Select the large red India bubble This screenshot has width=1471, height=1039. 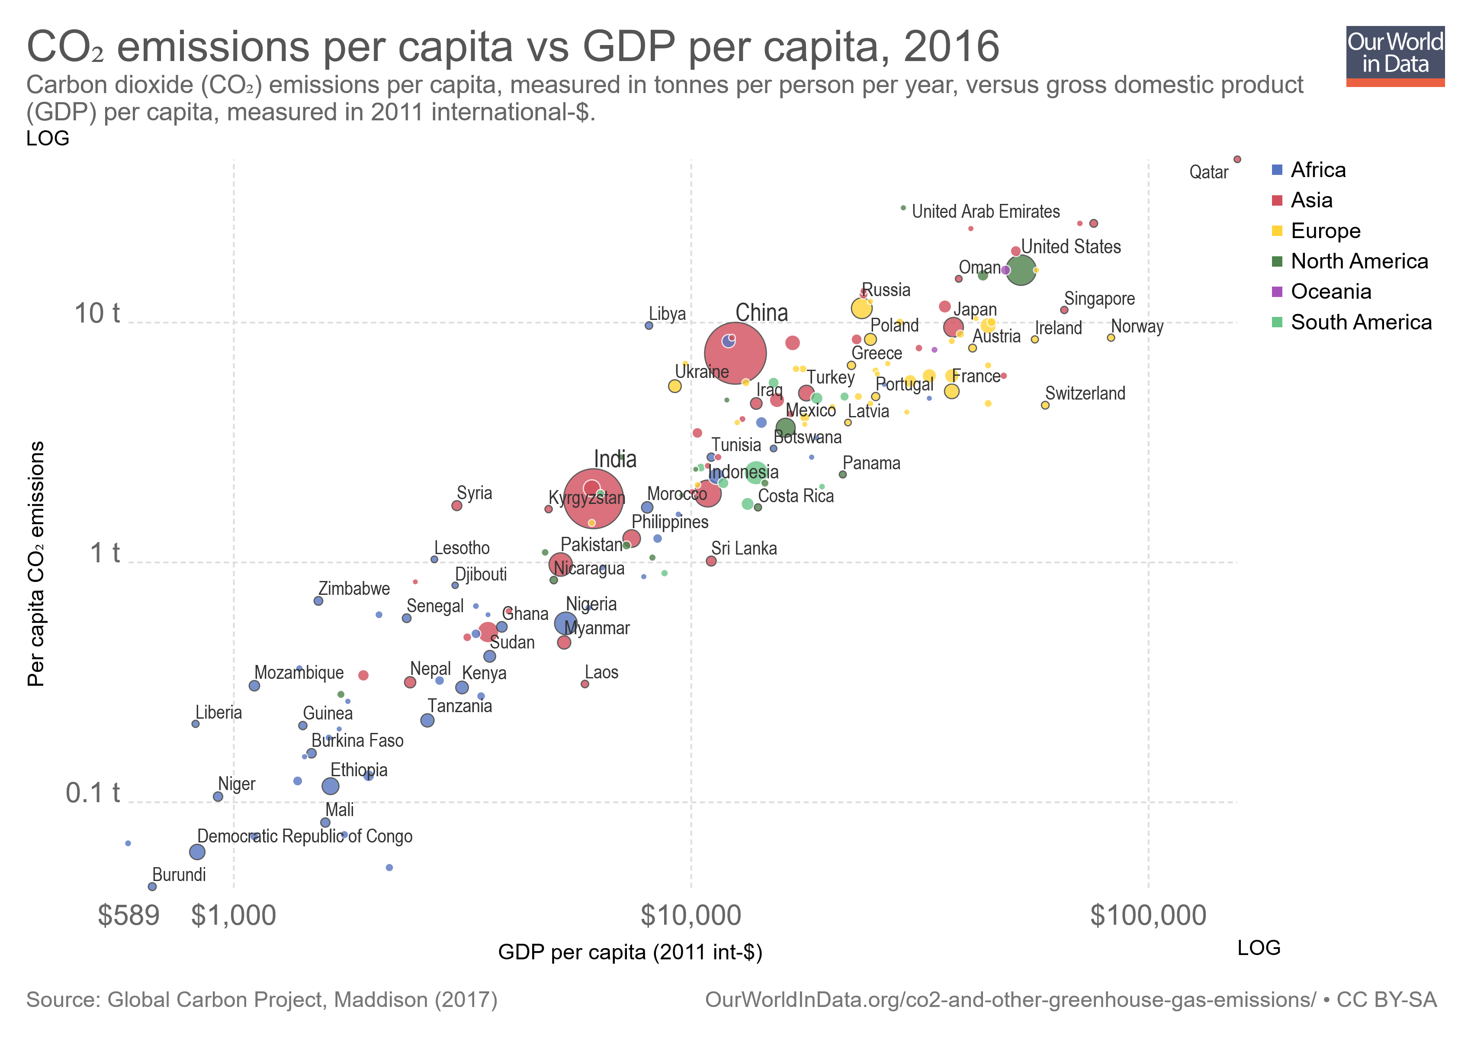pos(593,498)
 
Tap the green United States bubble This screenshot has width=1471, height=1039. pos(1021,270)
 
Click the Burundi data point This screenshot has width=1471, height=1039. pos(152,887)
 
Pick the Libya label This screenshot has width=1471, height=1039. pos(667,314)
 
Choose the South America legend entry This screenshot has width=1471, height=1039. pos(1360,323)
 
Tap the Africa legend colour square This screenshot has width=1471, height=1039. pos(1277,170)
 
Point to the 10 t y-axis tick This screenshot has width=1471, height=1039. pos(97,314)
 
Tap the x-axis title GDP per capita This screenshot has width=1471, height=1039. pos(630,952)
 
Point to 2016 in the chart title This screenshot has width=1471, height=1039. pos(951,47)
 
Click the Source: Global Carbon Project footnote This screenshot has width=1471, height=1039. pos(261,1000)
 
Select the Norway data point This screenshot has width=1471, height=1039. pos(1111,338)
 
